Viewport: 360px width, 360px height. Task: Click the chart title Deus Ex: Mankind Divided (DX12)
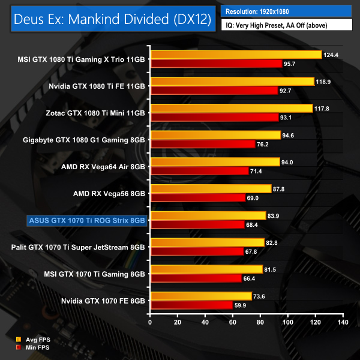pyautogui.click(x=112, y=19)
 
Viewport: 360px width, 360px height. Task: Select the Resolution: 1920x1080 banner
pyautogui.click(x=286, y=11)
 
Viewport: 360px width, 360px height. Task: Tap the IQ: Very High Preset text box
pyautogui.click(x=286, y=25)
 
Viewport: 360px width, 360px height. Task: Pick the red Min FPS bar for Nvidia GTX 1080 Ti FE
pyautogui.click(x=214, y=90)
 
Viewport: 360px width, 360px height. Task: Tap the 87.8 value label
pyautogui.click(x=281, y=188)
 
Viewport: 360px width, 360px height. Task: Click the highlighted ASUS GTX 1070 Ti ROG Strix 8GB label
pyautogui.click(x=87, y=220)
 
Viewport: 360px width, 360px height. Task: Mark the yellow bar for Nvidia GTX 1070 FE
pyautogui.click(x=202, y=296)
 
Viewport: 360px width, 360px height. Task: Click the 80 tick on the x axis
pyautogui.click(x=260, y=323)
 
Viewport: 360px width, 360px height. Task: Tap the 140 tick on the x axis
pyautogui.click(x=343, y=323)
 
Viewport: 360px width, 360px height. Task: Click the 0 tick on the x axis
pyautogui.click(x=151, y=323)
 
